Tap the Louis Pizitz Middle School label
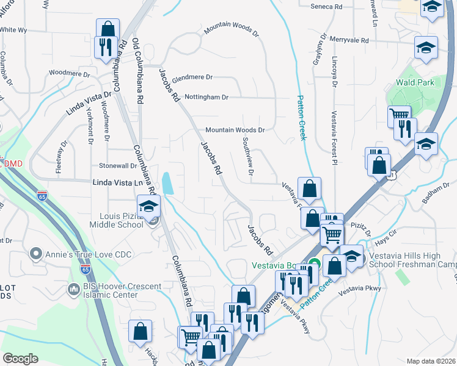point(122,221)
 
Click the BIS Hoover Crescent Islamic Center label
point(122,291)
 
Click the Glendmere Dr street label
point(192,77)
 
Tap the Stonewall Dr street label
point(118,166)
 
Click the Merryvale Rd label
point(349,40)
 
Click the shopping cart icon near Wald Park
point(399,115)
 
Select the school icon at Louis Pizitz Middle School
point(148,206)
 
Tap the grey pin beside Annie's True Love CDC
point(35,253)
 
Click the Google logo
point(20,359)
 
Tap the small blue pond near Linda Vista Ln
point(166,183)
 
